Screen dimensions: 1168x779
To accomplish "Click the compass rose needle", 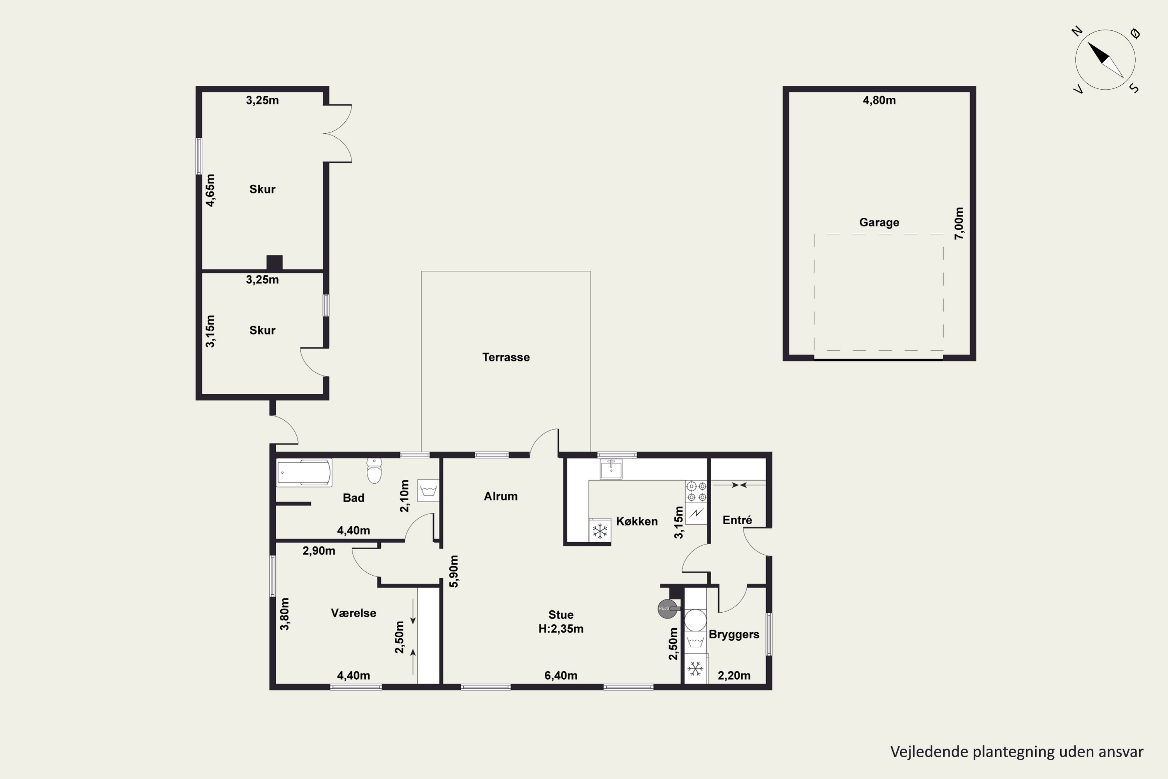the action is [1105, 60].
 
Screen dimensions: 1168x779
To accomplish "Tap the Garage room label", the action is [879, 222].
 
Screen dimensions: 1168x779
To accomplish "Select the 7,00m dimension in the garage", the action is [959, 224].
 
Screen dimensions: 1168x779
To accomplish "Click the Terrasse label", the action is [506, 357].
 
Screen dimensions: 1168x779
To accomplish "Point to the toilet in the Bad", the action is [374, 470].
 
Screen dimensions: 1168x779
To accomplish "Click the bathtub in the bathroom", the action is [304, 473].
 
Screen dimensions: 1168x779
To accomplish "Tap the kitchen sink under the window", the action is [611, 469].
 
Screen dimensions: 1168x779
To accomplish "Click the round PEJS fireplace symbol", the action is [667, 608].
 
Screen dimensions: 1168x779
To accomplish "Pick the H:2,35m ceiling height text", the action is [561, 629].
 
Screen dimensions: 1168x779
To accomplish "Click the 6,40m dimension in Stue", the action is [561, 676].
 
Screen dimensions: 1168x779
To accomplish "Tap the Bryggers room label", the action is [734, 634].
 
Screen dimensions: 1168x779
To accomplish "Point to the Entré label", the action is [737, 520].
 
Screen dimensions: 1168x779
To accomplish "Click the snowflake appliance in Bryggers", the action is [695, 669].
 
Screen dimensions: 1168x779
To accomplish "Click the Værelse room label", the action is [354, 613].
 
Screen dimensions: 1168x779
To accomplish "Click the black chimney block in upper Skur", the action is [274, 263].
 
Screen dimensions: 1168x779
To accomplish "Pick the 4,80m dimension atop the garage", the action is [879, 100].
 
